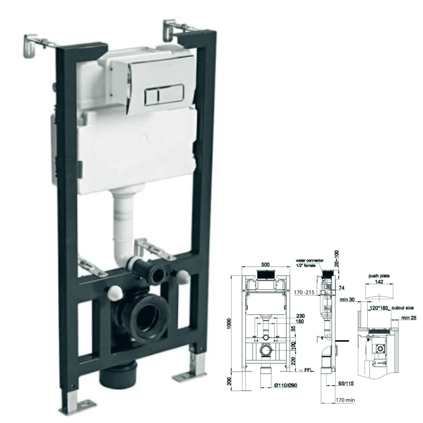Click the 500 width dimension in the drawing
[x=265, y=265]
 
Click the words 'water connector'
[x=310, y=260]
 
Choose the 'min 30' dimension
[x=348, y=300]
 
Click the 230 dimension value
[x=301, y=316]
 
